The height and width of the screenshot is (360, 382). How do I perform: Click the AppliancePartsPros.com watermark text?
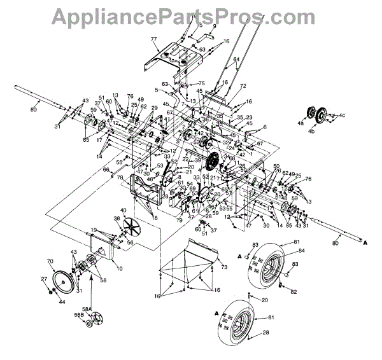coord(190,15)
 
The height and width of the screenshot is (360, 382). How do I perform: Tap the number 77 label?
coord(154,40)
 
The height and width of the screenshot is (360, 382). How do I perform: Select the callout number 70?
coord(50,261)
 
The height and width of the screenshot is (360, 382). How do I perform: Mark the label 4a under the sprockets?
coord(301,126)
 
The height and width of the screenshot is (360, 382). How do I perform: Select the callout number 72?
coord(242,85)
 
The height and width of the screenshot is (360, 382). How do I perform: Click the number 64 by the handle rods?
coord(236,60)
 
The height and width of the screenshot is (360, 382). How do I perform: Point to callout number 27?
coord(44,279)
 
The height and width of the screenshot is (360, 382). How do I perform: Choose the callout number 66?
coord(106,169)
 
